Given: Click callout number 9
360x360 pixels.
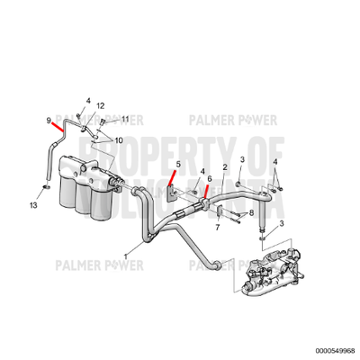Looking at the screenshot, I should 49,120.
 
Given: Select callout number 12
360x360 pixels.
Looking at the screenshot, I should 101,106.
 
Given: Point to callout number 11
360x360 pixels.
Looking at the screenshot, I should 125,118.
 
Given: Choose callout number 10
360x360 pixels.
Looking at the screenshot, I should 119,140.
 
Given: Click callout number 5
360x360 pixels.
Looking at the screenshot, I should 178,165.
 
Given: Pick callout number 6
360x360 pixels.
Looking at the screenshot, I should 210,179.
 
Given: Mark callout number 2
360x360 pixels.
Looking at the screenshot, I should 223,167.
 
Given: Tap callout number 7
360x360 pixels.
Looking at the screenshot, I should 217,229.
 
